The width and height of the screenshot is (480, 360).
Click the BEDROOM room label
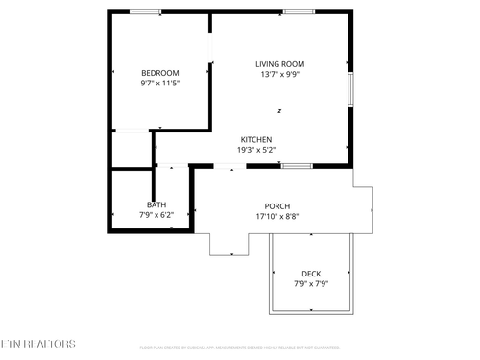tap(160, 73)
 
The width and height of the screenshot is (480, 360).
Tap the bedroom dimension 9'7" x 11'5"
tap(160, 84)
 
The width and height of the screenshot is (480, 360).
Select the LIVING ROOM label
tap(279, 64)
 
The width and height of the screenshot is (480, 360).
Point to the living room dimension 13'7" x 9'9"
tap(279, 75)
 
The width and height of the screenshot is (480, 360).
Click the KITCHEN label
tap(255, 139)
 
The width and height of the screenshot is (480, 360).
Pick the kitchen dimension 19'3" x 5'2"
tap(255, 150)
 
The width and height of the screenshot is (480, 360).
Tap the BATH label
tap(156, 204)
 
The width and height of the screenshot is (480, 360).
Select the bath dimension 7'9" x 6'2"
tap(156, 215)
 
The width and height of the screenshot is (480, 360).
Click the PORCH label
tap(277, 206)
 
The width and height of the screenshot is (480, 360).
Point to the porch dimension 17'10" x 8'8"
tap(277, 217)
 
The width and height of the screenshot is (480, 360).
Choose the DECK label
tap(311, 274)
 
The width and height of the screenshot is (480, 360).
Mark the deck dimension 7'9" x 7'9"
tap(311, 284)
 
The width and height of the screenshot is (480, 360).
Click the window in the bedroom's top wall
tap(145, 12)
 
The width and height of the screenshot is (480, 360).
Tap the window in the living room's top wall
tap(298, 12)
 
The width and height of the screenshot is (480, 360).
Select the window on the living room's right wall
tap(351, 88)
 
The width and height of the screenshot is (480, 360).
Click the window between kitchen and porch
tap(297, 165)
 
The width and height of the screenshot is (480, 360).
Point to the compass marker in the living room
tap(279, 110)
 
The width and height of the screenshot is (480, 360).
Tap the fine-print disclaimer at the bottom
tap(239, 348)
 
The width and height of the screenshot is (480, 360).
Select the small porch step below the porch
tap(228, 245)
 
